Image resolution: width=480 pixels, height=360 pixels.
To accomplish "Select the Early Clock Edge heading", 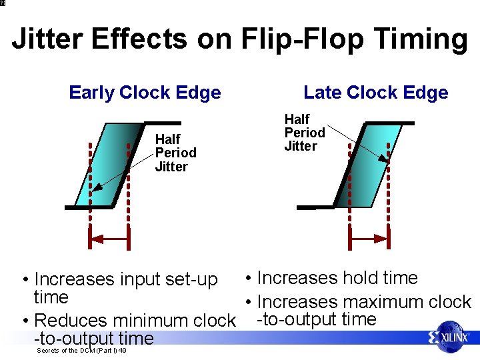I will coord(145,93).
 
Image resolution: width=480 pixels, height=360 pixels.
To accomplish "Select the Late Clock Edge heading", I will coord(375,93).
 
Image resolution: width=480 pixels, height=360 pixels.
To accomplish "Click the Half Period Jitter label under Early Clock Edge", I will coord(175,153).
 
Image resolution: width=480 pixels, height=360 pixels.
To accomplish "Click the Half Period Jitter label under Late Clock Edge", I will coord(305,133).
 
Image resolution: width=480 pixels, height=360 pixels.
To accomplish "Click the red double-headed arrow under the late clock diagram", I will coord(369,238).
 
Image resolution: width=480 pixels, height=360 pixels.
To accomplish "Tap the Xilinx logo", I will coord(449,337).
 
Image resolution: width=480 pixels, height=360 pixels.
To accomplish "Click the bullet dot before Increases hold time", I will coord(247,278).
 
